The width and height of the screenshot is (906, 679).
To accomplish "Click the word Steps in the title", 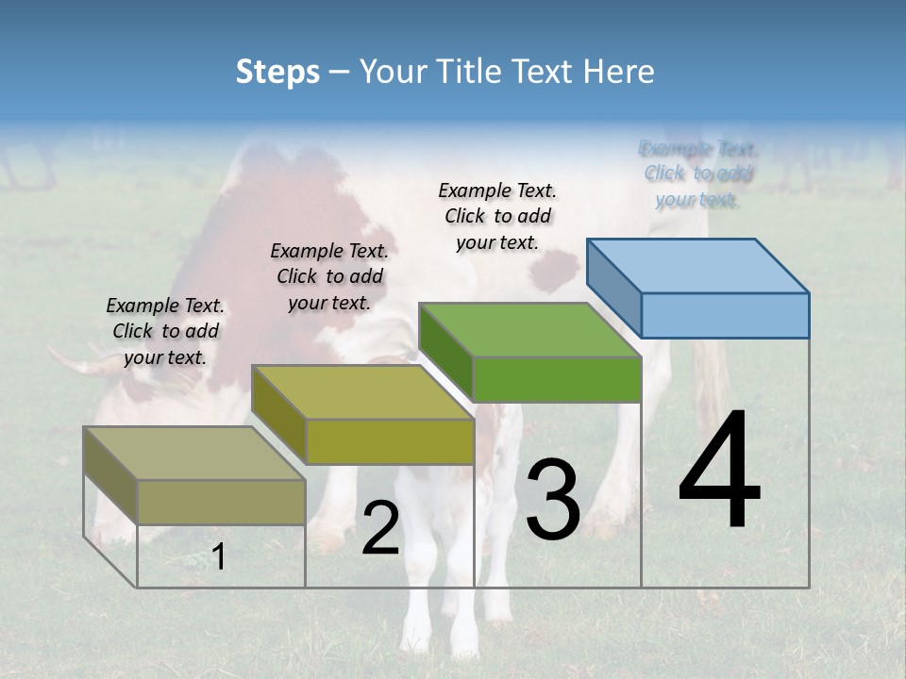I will coord(277,72).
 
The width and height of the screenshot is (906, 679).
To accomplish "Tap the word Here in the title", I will coord(619,72).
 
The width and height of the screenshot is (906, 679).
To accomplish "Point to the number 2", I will coord(380,527).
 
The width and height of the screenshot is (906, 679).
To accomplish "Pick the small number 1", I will coord(219,556).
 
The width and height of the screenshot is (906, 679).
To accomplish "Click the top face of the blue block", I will coord(698,265).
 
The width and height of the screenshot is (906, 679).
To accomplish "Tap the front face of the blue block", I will coord(725,315).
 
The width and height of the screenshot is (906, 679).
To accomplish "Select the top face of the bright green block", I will coord(530,330).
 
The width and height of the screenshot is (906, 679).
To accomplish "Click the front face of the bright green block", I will coord(557,379).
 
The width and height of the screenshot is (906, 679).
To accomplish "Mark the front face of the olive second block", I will coord(389,441).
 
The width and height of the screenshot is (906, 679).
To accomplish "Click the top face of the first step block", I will coord(194,454).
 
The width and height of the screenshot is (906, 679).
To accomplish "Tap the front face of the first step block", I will coord(221,502).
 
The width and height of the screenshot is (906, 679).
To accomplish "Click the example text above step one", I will coord(165,331).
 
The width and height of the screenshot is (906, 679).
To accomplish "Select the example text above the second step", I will coord(329,276).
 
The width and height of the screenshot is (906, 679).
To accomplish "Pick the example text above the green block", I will coord(497,216).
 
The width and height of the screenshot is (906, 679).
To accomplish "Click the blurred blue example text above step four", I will coord(698,174).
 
